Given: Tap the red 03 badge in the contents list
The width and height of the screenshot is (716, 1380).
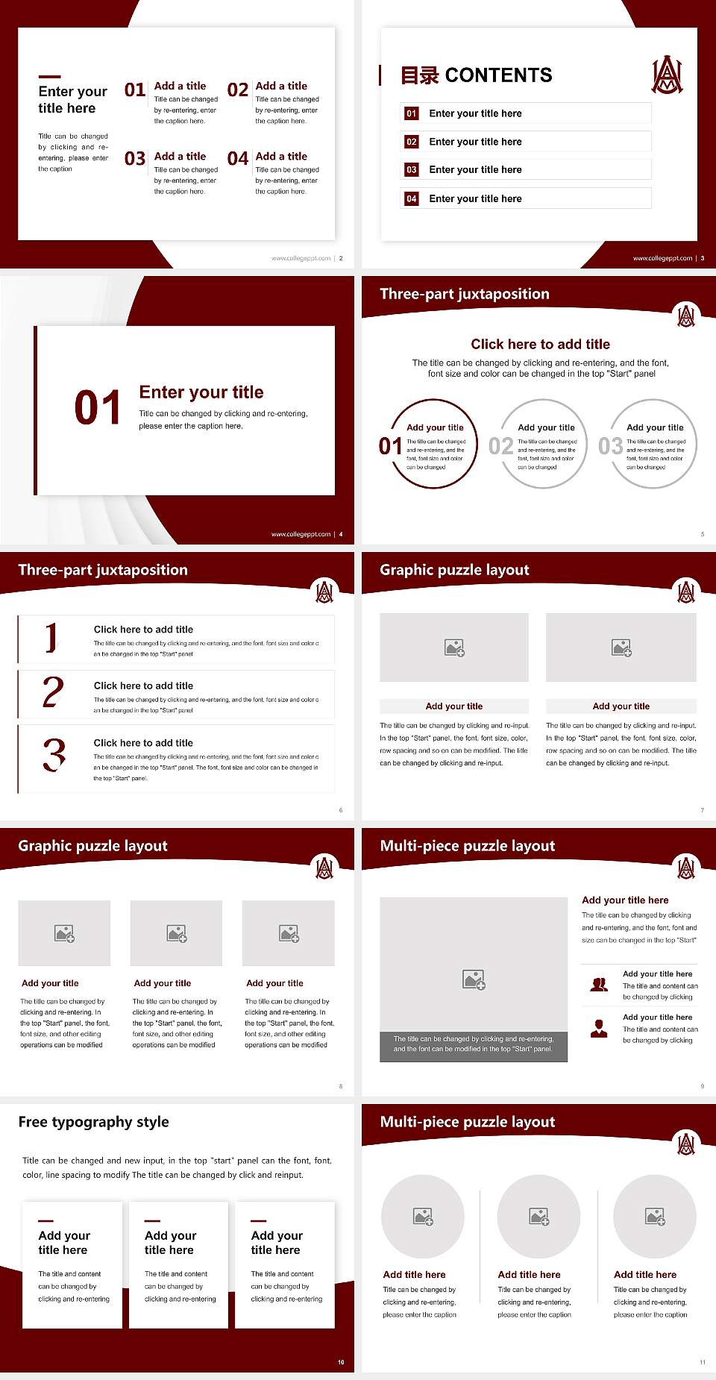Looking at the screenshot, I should tap(411, 170).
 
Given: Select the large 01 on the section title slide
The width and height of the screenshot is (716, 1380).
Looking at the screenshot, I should tap(97, 408).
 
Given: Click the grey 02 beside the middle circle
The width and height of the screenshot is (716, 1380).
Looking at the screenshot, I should tap(500, 446).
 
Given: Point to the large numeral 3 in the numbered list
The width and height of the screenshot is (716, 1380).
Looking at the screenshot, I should tap(54, 755).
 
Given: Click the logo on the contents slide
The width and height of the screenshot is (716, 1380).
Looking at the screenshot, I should tap(667, 75).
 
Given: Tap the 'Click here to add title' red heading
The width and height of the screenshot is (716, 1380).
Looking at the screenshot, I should tap(540, 344).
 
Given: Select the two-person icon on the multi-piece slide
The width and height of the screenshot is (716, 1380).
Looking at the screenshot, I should tap(598, 985).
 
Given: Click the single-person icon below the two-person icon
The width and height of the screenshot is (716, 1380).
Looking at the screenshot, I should tap(598, 1029).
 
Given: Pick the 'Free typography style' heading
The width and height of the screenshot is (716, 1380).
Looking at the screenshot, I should tap(93, 1122).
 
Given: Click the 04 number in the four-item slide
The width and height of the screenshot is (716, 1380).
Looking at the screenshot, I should tap(238, 159).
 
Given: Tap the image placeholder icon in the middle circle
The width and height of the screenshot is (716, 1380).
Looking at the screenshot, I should tap(539, 1217).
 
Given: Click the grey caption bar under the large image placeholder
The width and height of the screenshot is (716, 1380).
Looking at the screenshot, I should tap(474, 1044).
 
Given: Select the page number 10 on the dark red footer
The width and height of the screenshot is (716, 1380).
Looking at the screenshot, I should tap(341, 1362).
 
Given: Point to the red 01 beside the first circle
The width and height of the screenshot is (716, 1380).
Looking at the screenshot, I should tap(390, 446).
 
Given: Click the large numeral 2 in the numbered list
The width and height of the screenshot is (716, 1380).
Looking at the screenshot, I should tap(53, 692).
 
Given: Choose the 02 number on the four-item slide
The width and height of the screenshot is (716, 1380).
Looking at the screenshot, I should tap(238, 90).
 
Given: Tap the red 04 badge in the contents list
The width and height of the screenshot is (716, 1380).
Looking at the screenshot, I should tap(411, 198).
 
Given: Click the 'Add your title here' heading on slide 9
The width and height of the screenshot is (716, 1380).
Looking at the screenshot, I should tap(625, 900).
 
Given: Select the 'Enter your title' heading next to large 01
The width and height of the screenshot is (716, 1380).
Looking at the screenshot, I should tap(201, 392).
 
